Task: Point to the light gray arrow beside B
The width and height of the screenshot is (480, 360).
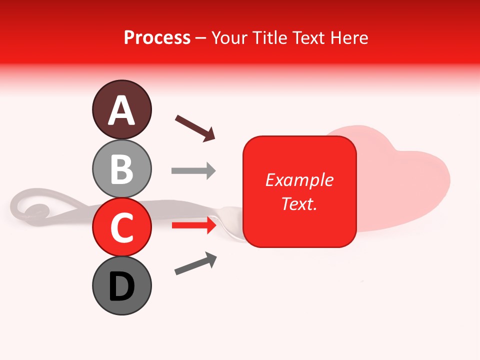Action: pos(193,171)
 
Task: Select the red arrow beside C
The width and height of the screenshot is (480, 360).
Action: pos(193,225)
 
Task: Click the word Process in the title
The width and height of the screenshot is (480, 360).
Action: pos(157,37)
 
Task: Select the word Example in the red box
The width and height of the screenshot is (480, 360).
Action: pos(299,180)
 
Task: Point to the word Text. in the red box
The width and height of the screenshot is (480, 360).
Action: pos(299,203)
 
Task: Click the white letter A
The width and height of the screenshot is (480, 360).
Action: pos(121,110)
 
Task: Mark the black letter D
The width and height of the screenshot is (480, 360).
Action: pos(121,287)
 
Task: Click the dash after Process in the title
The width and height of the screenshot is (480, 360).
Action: pos(201,38)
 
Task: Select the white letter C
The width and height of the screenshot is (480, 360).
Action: pos(121,228)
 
